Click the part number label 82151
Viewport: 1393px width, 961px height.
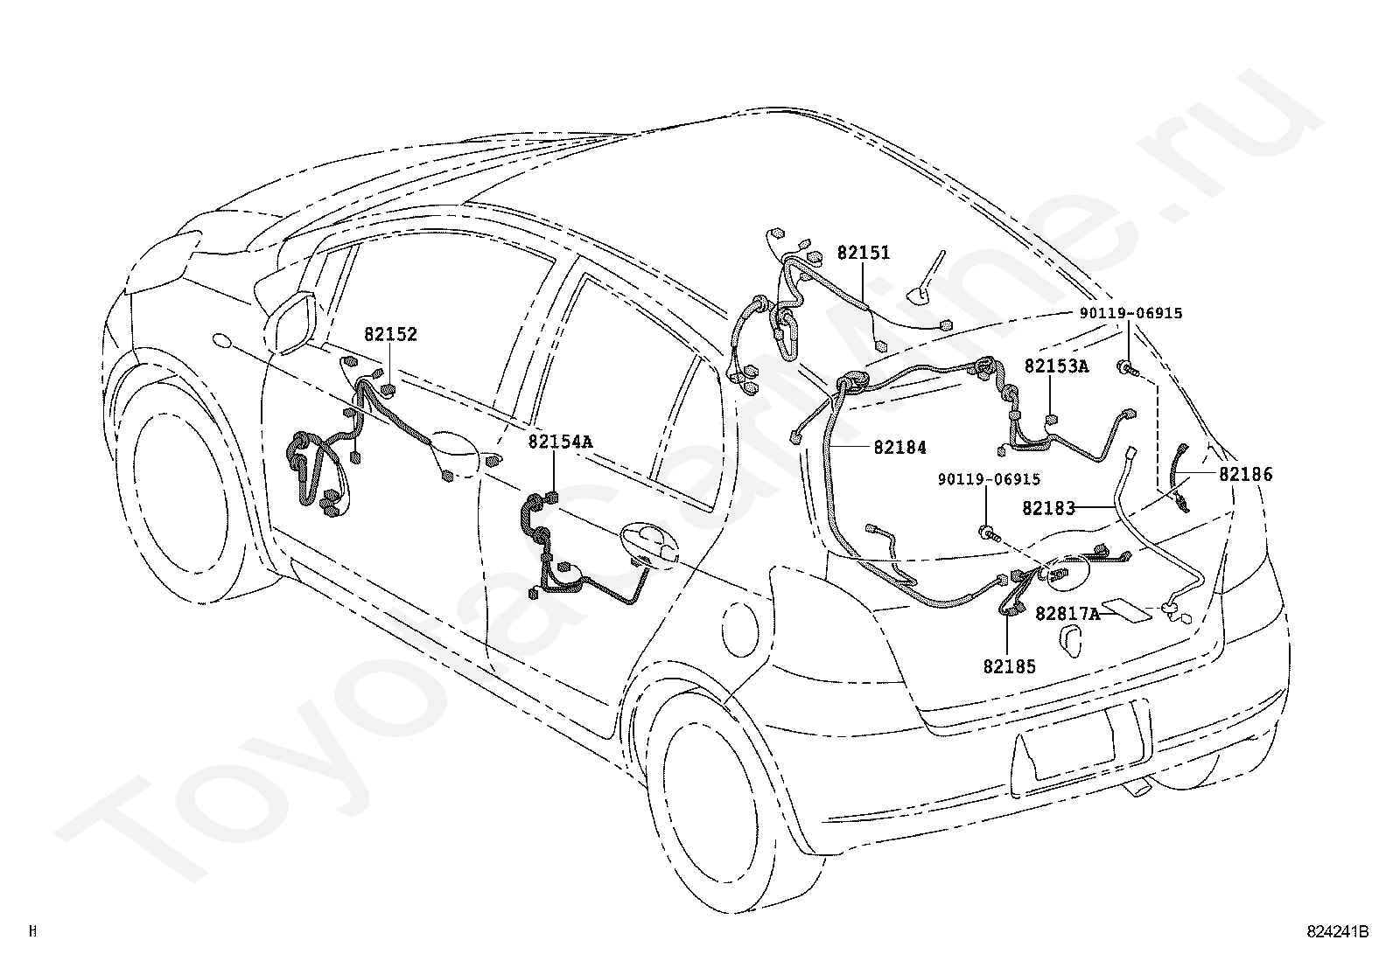coord(863,253)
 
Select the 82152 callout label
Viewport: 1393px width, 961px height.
coord(390,334)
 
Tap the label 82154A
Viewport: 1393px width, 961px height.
coord(559,442)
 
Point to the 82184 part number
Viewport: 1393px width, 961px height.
coord(899,447)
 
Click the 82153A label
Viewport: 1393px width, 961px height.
coord(1056,366)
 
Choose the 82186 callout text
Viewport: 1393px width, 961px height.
coord(1246,475)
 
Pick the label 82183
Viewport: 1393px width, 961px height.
coord(1048,507)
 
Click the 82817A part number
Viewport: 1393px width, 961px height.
coord(1067,614)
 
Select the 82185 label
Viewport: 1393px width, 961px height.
coord(1009,666)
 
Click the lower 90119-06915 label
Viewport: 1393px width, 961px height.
coord(989,479)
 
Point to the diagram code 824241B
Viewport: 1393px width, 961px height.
coord(1338,932)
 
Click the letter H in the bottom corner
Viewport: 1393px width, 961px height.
coord(32,931)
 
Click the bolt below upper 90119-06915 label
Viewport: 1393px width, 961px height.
coord(1126,369)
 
